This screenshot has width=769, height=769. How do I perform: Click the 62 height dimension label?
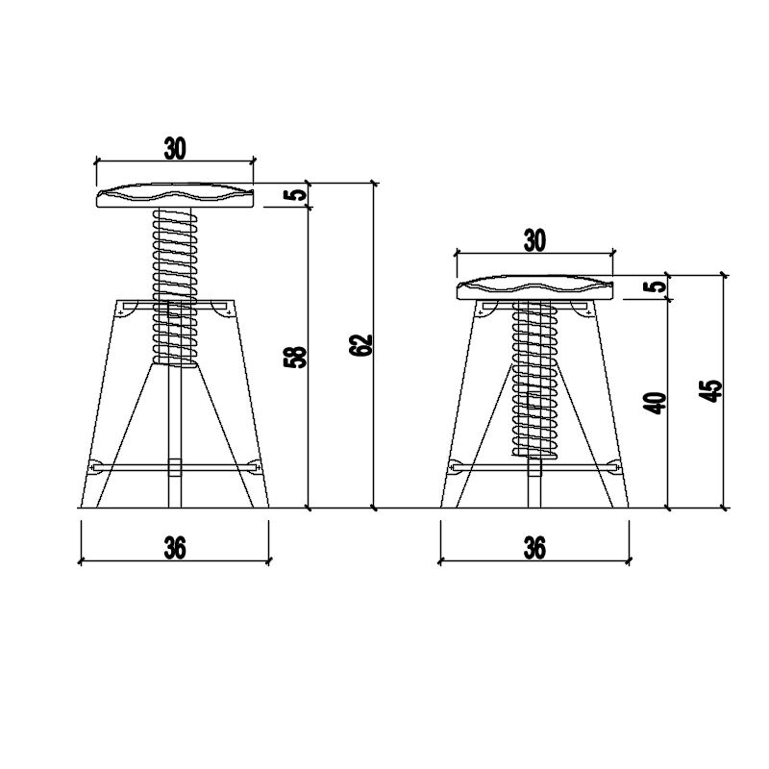tap(361, 345)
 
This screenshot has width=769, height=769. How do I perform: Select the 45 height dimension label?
tap(712, 390)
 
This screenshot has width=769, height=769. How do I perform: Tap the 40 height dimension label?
tap(657, 403)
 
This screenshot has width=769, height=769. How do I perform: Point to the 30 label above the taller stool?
tap(175, 149)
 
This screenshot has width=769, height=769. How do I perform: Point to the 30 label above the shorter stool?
tap(534, 241)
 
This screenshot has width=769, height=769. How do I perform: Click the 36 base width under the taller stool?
tap(175, 548)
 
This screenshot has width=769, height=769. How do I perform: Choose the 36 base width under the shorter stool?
tap(534, 548)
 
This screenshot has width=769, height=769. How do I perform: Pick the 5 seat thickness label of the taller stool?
tap(295, 195)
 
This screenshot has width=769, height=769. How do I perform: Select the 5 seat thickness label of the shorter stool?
tap(657, 286)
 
